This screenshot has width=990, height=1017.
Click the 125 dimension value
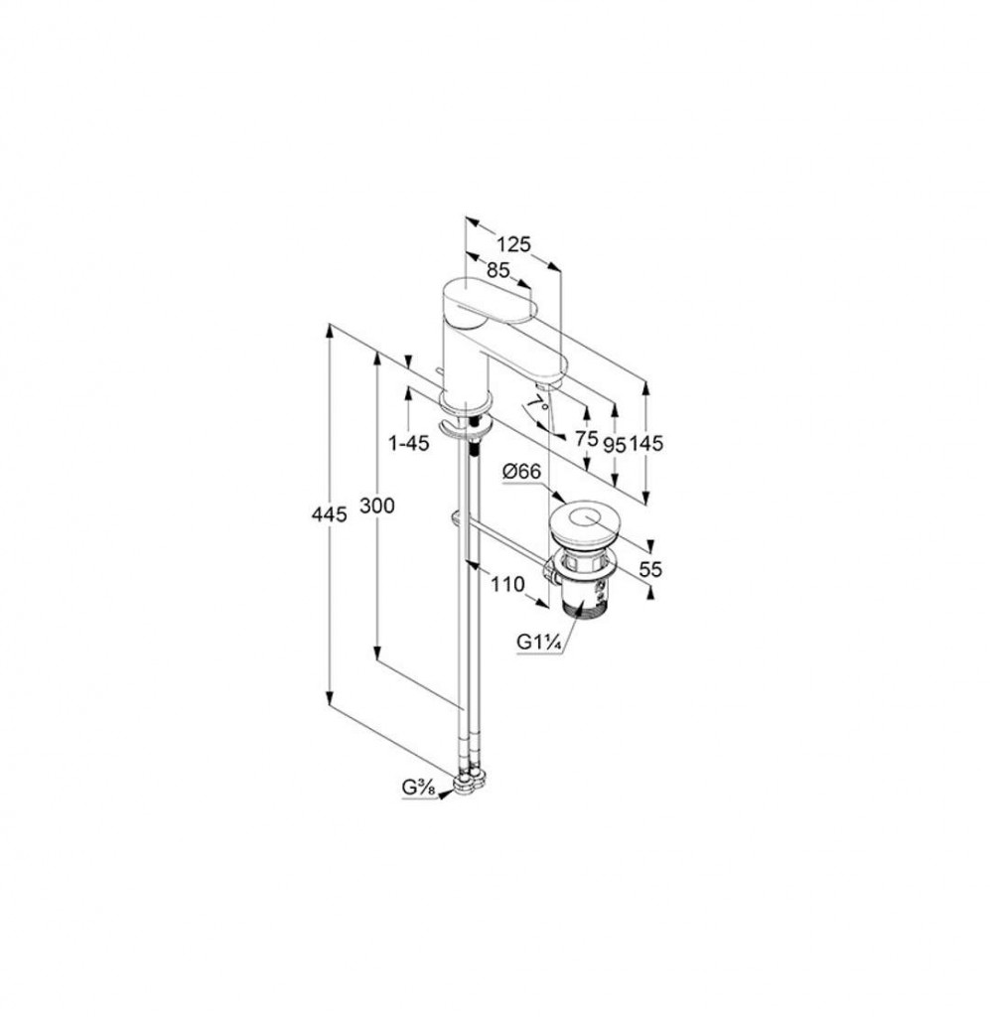pyautogui.click(x=513, y=244)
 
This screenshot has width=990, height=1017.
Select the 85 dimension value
pyautogui.click(x=497, y=270)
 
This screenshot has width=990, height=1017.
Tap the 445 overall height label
pyautogui.click(x=330, y=514)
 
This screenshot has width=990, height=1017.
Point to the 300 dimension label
pyautogui.click(x=376, y=505)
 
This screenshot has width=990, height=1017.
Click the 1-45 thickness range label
pyautogui.click(x=408, y=443)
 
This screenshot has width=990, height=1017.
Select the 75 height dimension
pyautogui.click(x=586, y=438)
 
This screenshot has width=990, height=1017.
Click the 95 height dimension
pyautogui.click(x=615, y=444)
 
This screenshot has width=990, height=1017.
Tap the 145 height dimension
pyautogui.click(x=645, y=444)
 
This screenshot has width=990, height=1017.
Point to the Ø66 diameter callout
pyautogui.click(x=521, y=472)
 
